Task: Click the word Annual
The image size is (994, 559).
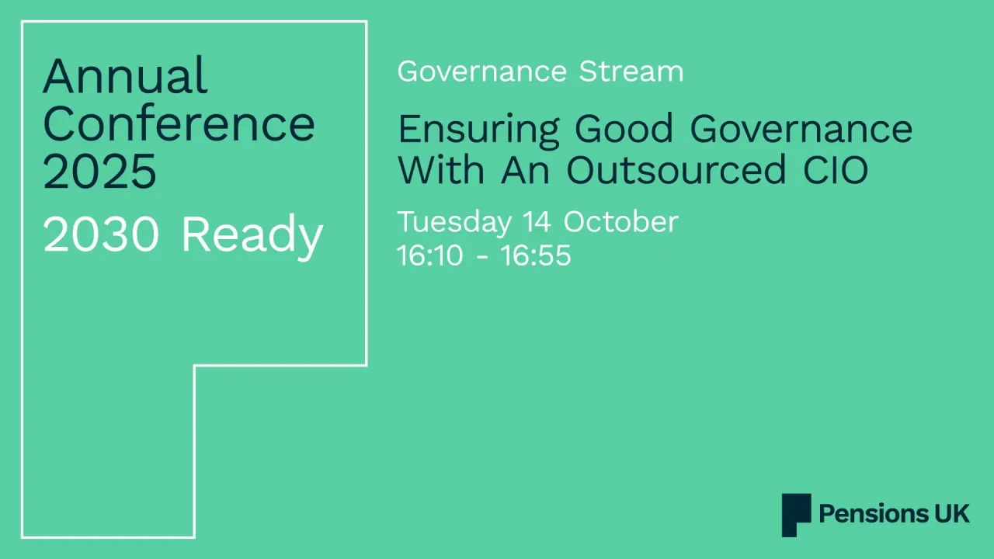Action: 125,76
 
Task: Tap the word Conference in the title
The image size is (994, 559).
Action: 179,123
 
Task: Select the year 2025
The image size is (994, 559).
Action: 99,171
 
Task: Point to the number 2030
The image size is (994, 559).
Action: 103,234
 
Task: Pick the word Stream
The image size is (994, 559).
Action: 631,71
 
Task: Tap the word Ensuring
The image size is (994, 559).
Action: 478,130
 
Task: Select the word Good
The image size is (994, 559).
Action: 624,129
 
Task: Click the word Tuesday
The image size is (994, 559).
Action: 454,223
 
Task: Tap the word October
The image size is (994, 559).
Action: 620,222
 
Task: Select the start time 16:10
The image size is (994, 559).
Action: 429,255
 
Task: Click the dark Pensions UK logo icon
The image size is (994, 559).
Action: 796,514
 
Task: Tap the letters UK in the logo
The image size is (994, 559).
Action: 948,514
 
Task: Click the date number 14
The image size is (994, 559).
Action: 537,222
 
